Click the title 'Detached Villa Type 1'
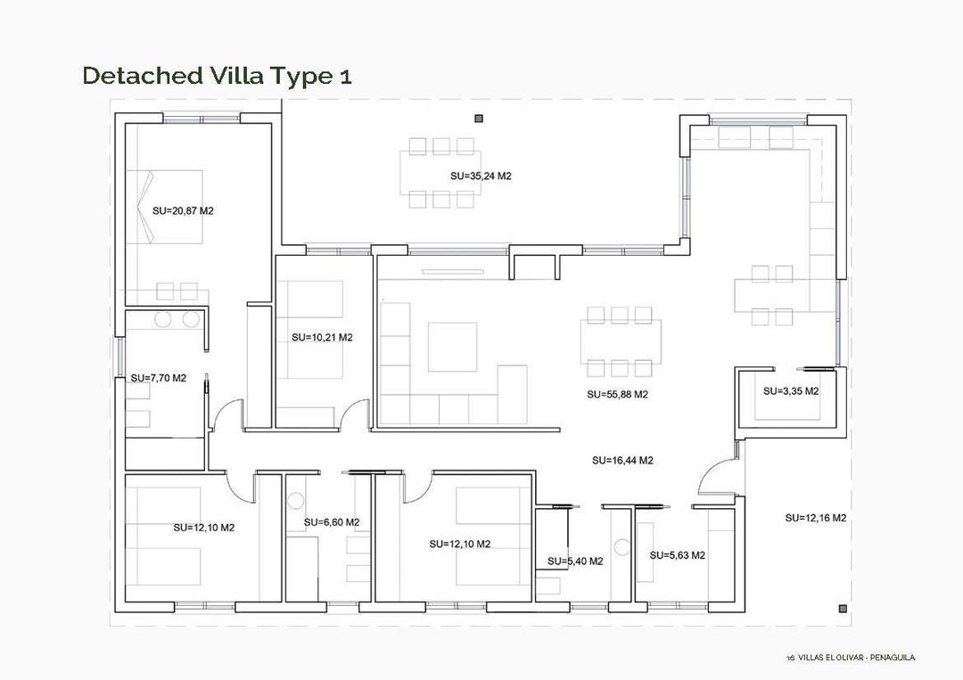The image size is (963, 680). pyautogui.click(x=217, y=76)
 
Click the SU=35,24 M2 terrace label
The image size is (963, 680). pyautogui.click(x=481, y=176)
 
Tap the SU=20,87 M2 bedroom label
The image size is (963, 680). pyautogui.click(x=183, y=211)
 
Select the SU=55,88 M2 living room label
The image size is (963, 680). pyautogui.click(x=617, y=394)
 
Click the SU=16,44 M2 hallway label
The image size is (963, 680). pyautogui.click(x=622, y=461)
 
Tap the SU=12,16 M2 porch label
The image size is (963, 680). pyautogui.click(x=815, y=518)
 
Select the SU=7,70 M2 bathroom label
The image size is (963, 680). pyautogui.click(x=158, y=378)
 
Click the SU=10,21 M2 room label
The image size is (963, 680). pyautogui.click(x=322, y=338)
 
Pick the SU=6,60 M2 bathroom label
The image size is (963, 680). pyautogui.click(x=331, y=522)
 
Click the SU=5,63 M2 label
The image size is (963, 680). pyautogui.click(x=677, y=555)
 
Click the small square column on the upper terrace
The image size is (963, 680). pyautogui.click(x=479, y=118)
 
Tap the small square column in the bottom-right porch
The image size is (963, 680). pyautogui.click(x=843, y=609)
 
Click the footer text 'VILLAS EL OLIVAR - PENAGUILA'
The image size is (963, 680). pyautogui.click(x=856, y=658)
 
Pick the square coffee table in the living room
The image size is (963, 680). pyautogui.click(x=452, y=347)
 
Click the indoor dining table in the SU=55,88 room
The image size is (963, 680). pyautogui.click(x=621, y=341)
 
